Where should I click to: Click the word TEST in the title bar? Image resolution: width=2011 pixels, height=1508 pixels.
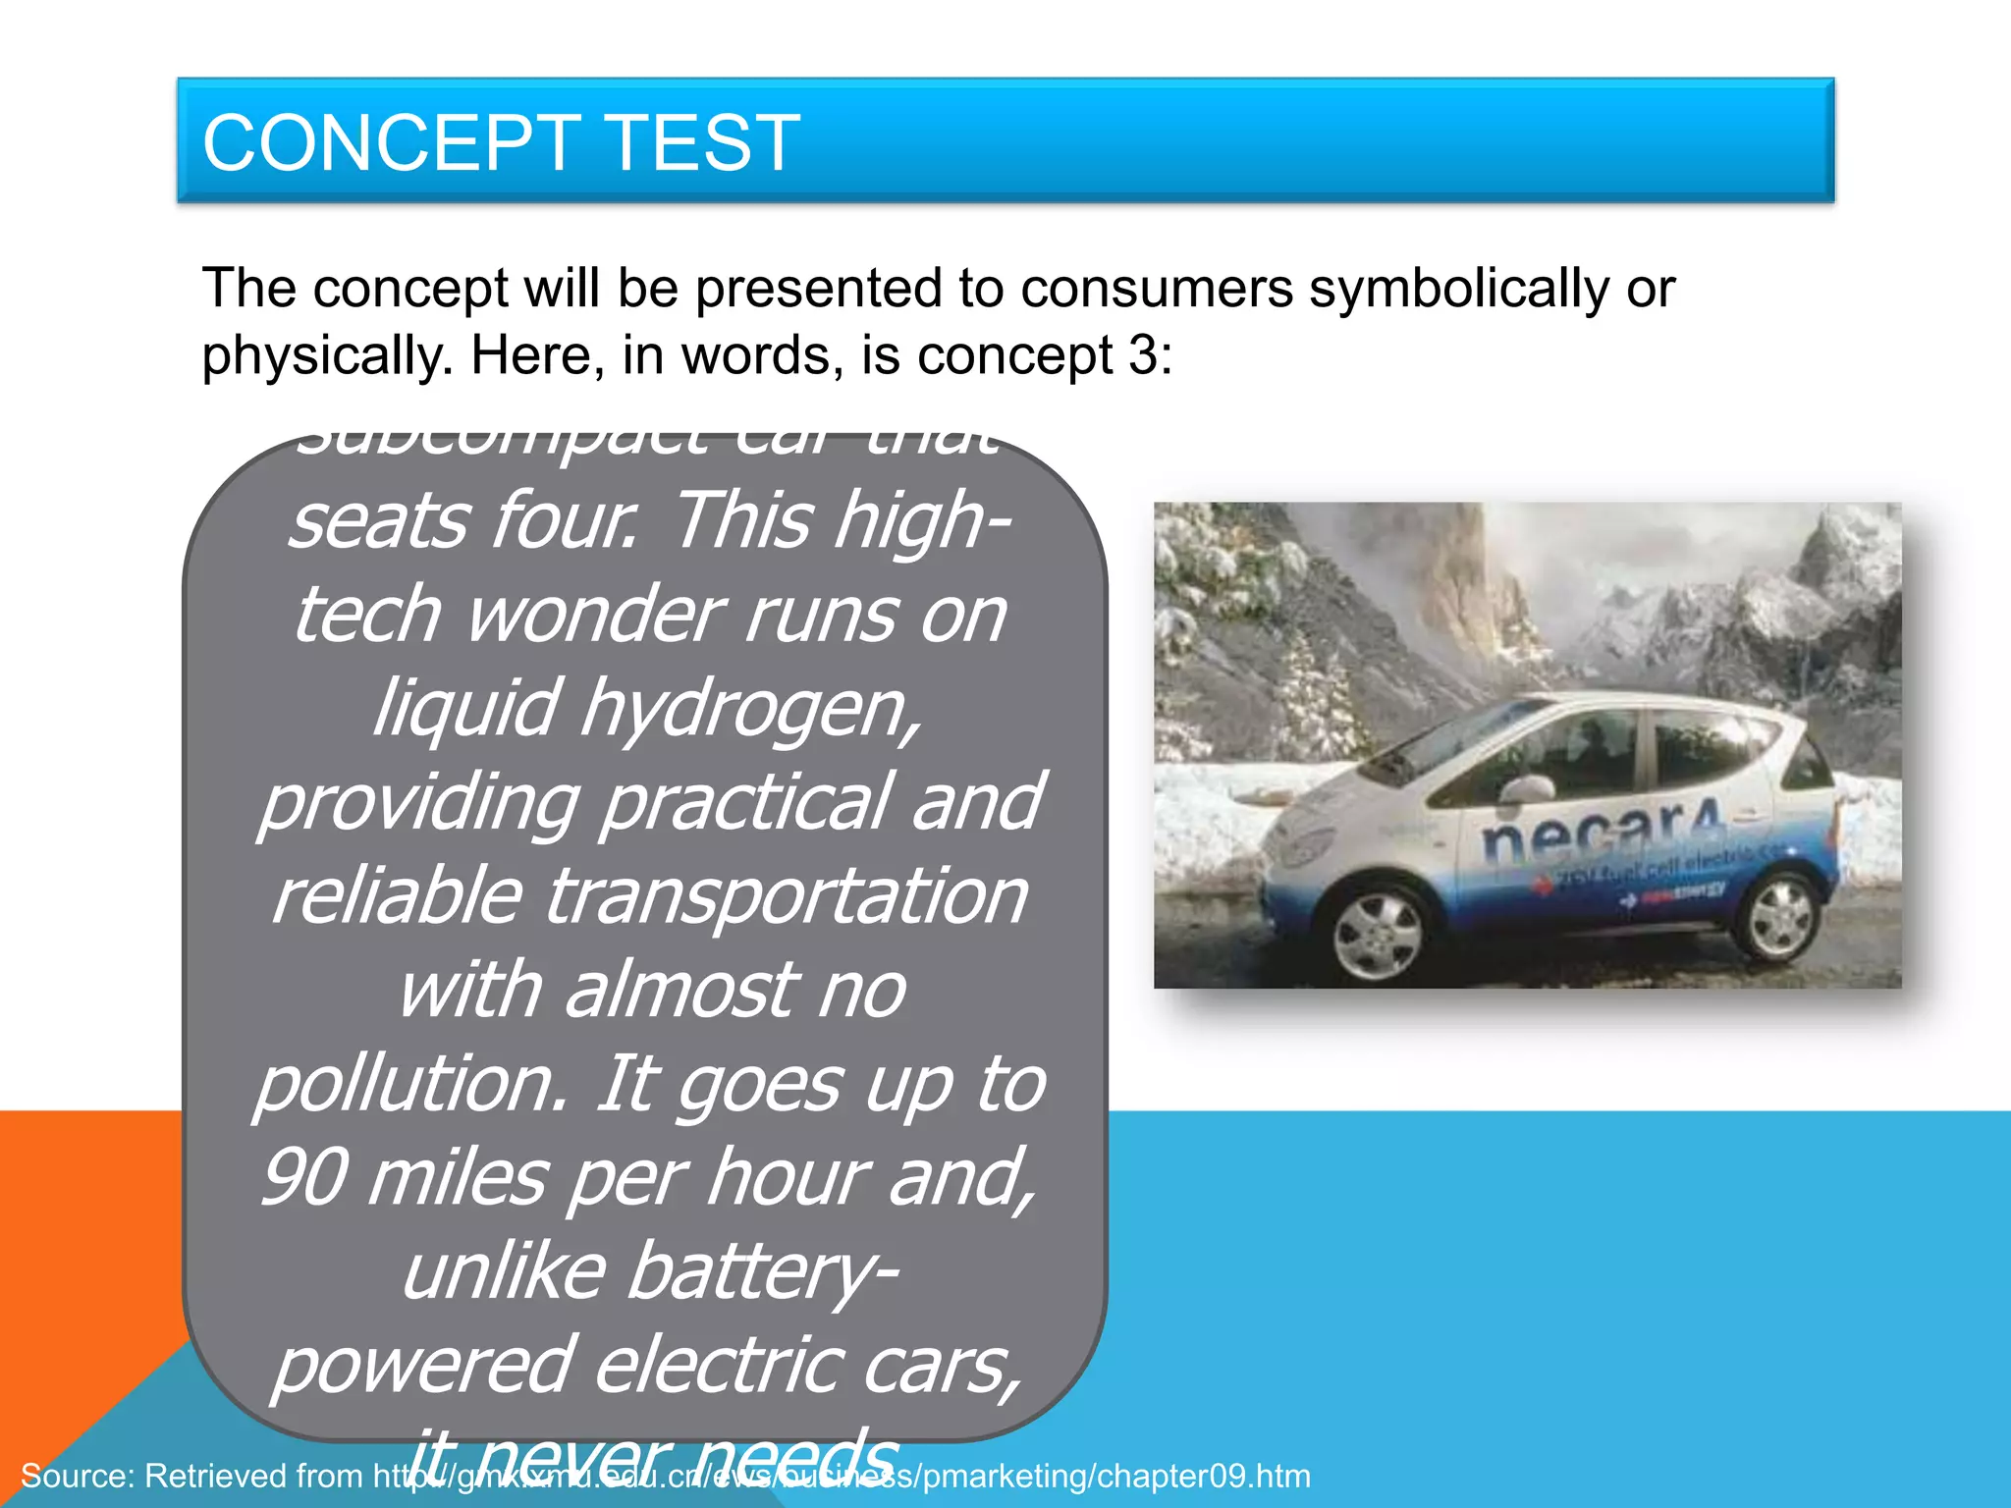703,143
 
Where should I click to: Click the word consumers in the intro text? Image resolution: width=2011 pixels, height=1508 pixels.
1156,289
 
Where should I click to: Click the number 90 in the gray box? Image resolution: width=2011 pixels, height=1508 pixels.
303,1178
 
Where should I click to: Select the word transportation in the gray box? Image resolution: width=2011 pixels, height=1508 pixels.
786,896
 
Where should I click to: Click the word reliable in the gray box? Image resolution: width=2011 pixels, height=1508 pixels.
397,896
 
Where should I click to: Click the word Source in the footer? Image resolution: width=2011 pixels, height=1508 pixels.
73,1476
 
